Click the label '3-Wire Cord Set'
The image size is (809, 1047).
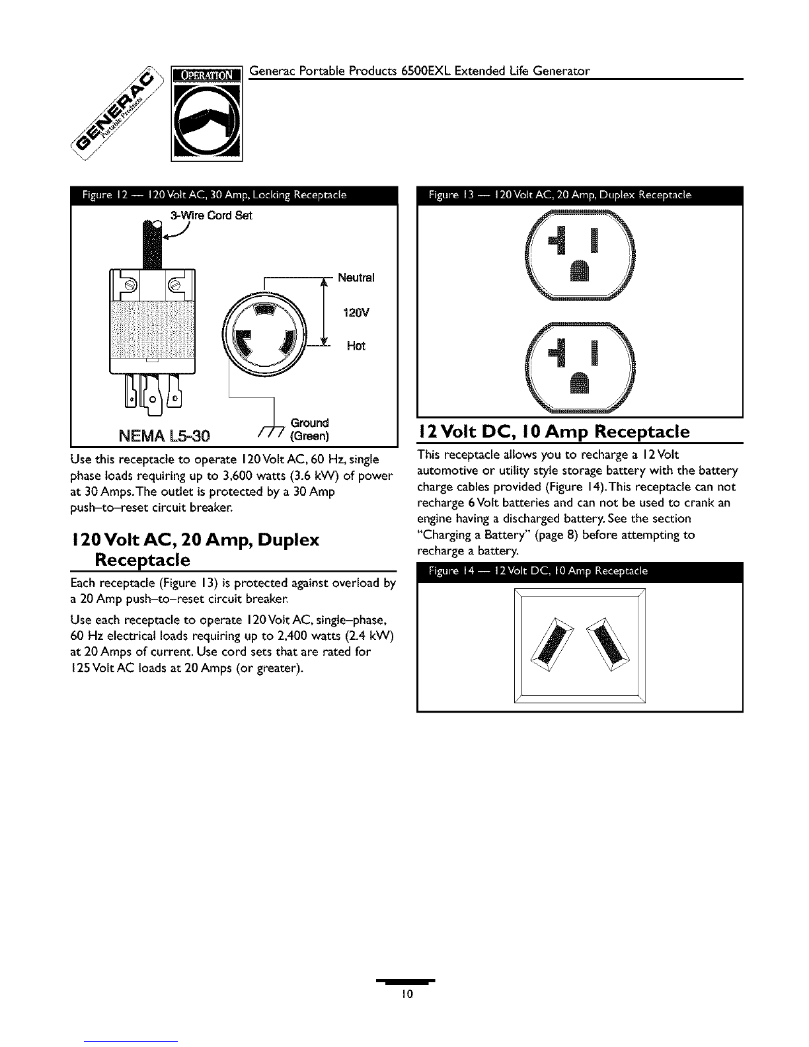click(x=211, y=215)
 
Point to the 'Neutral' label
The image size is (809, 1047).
click(x=356, y=278)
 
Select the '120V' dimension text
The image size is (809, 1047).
click(x=356, y=313)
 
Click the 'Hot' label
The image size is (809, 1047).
click(x=356, y=346)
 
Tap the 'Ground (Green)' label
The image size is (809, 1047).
click(x=309, y=429)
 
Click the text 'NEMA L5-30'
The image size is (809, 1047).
click(x=165, y=436)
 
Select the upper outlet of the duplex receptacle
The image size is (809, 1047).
click(x=580, y=255)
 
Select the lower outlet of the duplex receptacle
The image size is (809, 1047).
click(x=580, y=368)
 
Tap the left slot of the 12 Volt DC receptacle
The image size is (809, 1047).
click(x=553, y=644)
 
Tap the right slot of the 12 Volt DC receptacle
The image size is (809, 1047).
click(x=608, y=644)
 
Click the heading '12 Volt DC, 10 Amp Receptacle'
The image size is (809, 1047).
click(x=554, y=431)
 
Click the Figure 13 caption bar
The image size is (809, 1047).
click(x=580, y=196)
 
